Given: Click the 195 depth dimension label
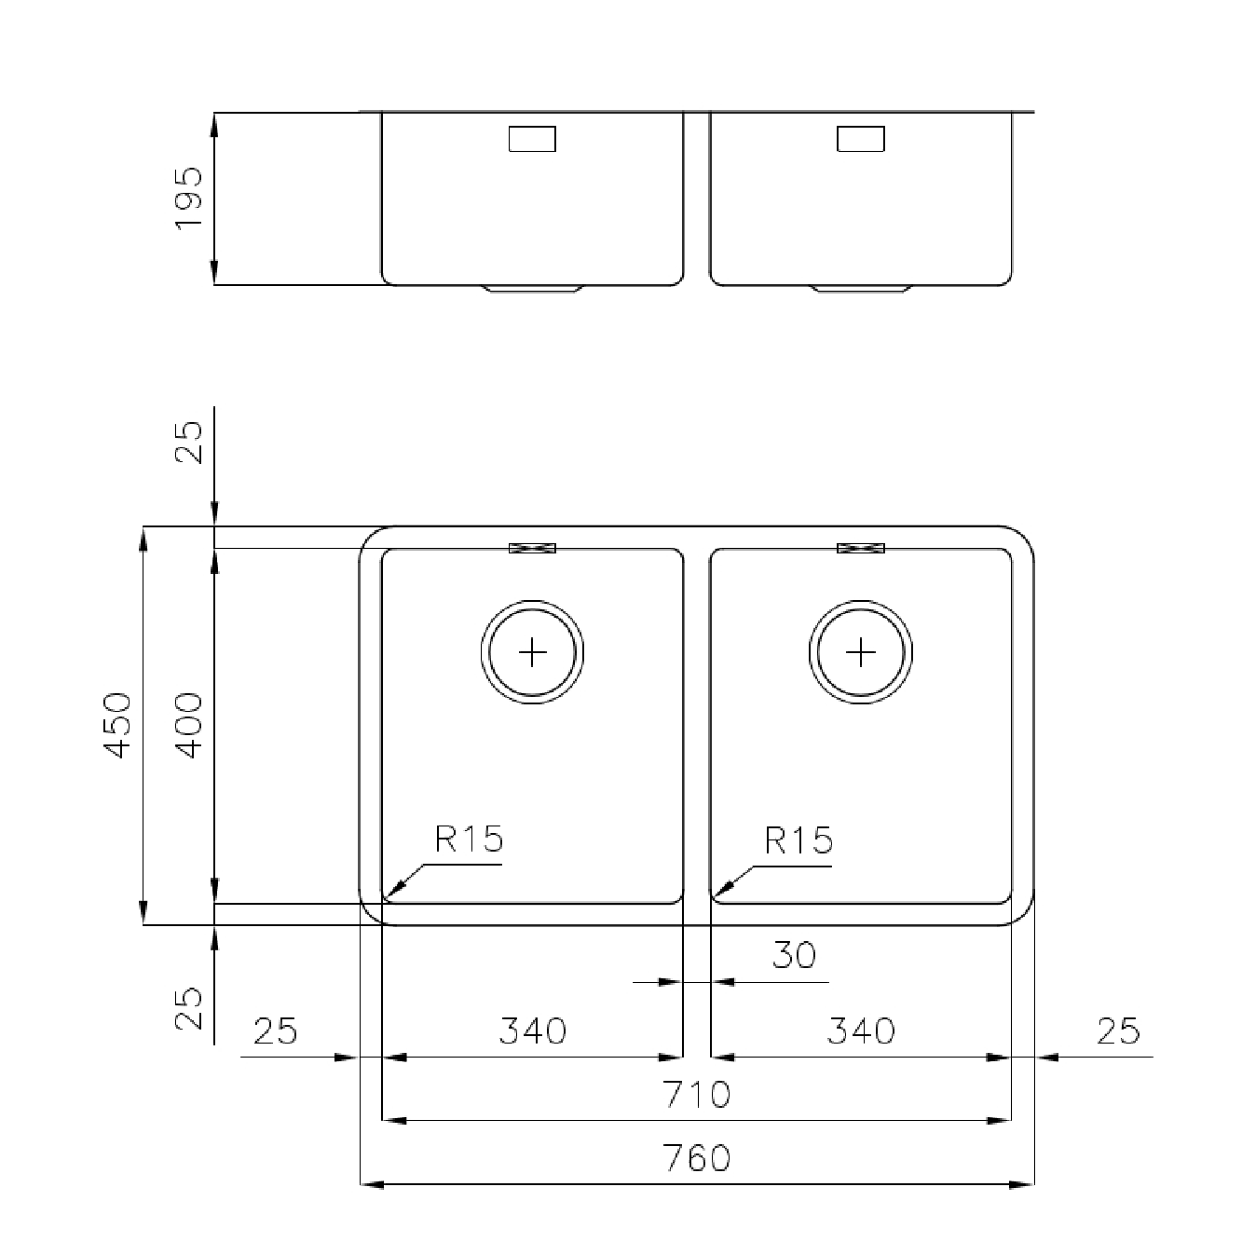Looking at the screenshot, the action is (x=188, y=198).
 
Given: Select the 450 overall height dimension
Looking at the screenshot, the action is (x=118, y=725).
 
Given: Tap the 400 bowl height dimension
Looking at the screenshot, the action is (x=189, y=725).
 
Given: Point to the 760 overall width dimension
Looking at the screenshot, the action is (x=697, y=1158).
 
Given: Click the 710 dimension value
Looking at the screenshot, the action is (x=697, y=1094).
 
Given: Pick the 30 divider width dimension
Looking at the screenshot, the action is (x=794, y=955).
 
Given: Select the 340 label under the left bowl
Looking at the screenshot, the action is (x=533, y=1030).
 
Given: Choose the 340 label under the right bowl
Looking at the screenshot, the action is (x=861, y=1030).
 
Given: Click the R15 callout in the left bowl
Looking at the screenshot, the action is (x=469, y=839).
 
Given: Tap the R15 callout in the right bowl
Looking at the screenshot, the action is (x=798, y=840).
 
